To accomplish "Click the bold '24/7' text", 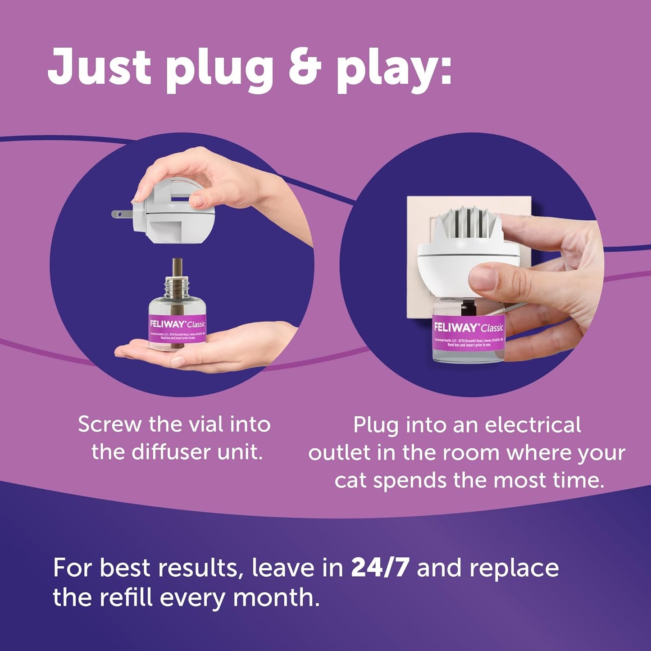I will [x=380, y=567].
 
